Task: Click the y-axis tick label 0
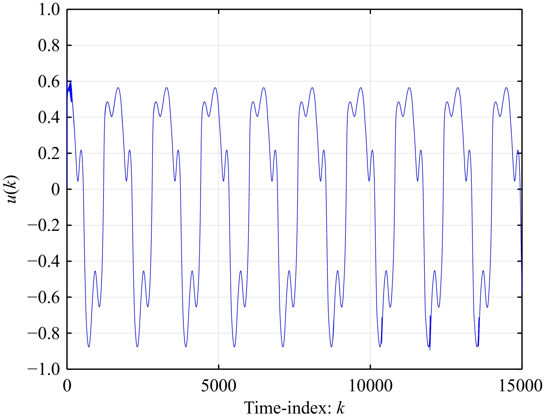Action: [55, 190]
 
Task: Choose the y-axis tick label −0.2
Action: [43, 225]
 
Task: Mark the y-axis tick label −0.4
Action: [43, 261]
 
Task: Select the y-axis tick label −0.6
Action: [43, 297]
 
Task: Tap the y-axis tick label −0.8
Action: [43, 333]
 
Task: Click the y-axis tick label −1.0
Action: [43, 369]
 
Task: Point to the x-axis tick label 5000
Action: [219, 386]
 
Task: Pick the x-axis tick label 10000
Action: [371, 386]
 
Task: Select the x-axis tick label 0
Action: [67, 386]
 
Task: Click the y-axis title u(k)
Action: [12, 189]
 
